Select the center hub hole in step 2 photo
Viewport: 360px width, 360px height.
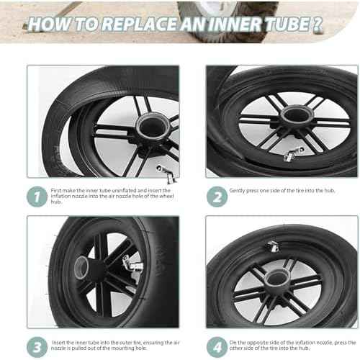(x=295, y=114)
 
